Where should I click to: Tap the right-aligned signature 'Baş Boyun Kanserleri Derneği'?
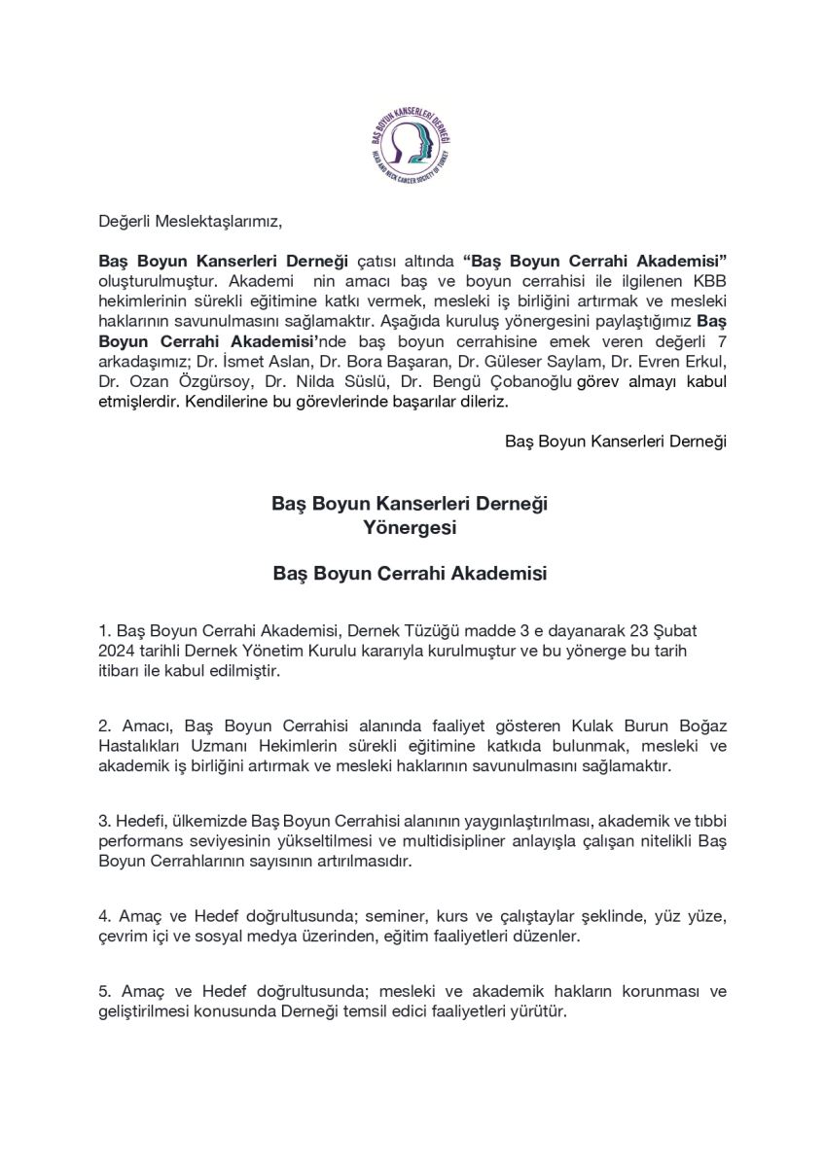point(616,441)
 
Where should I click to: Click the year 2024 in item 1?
point(118,650)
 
